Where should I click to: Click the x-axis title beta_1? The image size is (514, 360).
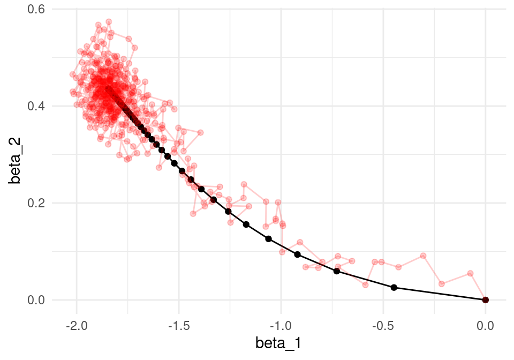pos(278,343)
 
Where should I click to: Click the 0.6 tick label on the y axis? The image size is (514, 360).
pos(36,9)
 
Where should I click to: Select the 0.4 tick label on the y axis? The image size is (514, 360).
pos(36,106)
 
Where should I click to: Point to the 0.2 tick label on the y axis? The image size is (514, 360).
pos(36,203)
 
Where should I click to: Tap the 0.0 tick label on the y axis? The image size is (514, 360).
pos(36,299)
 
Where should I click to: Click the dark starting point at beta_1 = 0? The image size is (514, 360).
pos(486,299)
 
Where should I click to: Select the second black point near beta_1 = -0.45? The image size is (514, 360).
pos(394,288)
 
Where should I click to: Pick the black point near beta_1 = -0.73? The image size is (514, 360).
pos(337,271)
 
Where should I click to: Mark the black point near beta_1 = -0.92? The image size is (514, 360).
pos(297,254)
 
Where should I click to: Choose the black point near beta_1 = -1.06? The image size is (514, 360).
pos(268,239)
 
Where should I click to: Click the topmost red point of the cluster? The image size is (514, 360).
pos(109,22)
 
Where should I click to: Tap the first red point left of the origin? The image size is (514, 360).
pos(471,273)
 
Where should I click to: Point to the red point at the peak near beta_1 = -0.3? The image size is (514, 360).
pos(423,256)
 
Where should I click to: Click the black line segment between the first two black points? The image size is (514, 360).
pos(440,294)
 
